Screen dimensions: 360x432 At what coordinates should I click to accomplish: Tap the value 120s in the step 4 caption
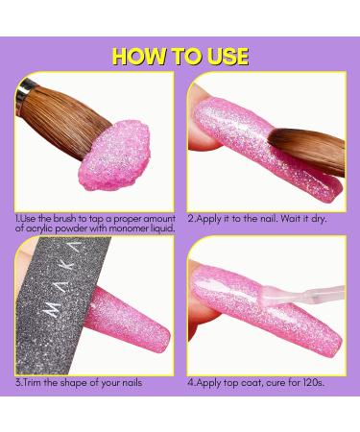(x=313, y=383)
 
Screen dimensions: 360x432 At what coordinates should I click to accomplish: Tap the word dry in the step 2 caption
(x=318, y=220)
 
